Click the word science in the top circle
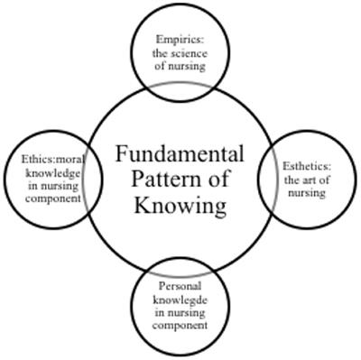click(x=190, y=53)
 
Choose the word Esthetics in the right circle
click(x=307, y=167)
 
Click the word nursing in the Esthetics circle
click(x=307, y=192)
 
